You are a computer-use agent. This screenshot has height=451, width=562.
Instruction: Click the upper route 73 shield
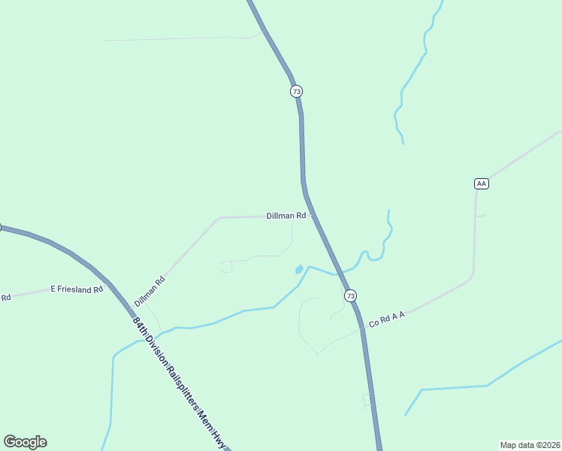[x=296, y=91]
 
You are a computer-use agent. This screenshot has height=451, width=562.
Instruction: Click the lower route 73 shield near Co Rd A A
[x=351, y=296]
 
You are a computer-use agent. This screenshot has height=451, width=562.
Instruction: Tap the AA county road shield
[x=482, y=183]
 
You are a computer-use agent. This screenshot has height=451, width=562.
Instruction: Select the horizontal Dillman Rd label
[x=286, y=216]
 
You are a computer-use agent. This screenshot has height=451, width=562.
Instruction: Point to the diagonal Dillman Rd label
[x=150, y=292]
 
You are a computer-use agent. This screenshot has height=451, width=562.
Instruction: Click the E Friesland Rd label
[x=76, y=289]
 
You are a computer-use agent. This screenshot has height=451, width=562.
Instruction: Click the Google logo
[x=25, y=442]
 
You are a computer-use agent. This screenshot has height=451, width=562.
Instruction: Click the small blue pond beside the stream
[x=299, y=268]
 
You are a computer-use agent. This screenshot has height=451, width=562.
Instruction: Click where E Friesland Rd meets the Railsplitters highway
[x=110, y=284]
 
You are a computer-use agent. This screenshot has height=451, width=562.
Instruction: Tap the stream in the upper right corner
[x=412, y=75]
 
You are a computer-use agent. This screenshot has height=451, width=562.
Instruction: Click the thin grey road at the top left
[x=180, y=38]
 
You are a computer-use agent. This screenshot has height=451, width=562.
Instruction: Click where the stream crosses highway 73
[x=340, y=274]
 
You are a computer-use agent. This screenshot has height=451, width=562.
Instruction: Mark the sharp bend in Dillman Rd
[x=219, y=218]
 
